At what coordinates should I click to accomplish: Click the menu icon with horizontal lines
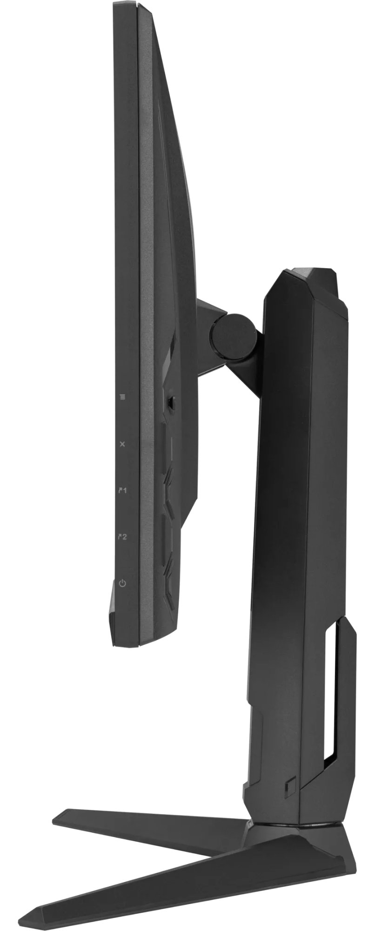[x=122, y=397]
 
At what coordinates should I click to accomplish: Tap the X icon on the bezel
[x=122, y=444]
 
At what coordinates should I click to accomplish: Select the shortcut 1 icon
[x=123, y=490]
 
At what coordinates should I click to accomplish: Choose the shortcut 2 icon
[x=123, y=537]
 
